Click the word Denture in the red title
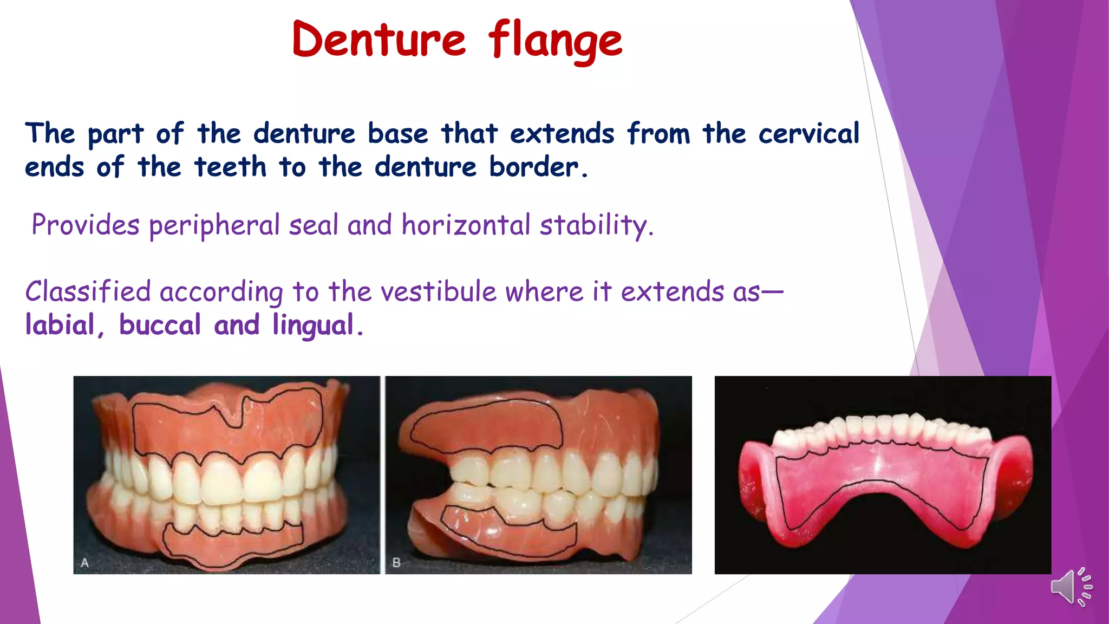click(x=379, y=40)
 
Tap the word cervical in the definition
click(x=808, y=134)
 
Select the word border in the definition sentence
click(x=534, y=167)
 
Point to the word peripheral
click(x=214, y=225)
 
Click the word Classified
click(x=88, y=292)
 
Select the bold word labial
click(x=60, y=325)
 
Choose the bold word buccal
click(x=160, y=325)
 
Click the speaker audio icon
click(x=1071, y=587)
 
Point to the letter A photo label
click(x=85, y=563)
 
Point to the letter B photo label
click(x=396, y=563)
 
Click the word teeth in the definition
click(x=231, y=167)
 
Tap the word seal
click(x=314, y=225)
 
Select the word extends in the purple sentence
click(x=672, y=292)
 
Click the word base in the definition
click(x=397, y=134)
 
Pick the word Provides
click(x=86, y=225)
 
